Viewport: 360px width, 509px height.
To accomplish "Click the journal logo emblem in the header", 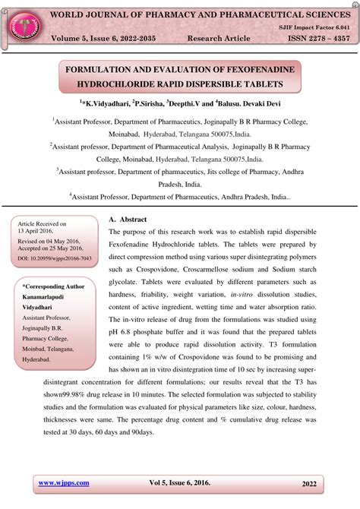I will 23,24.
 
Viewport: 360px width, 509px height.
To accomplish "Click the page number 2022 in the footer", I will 310,482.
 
